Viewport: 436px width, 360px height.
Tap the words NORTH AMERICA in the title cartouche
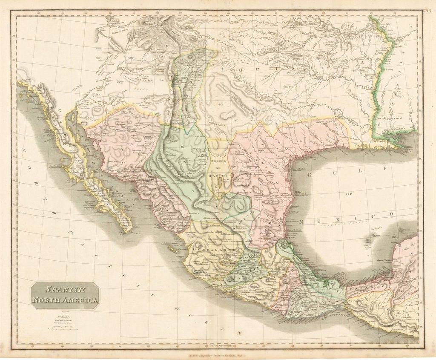pos(65,300)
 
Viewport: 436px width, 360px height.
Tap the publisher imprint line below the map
pos(218,354)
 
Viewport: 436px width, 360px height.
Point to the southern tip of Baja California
pos(128,230)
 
